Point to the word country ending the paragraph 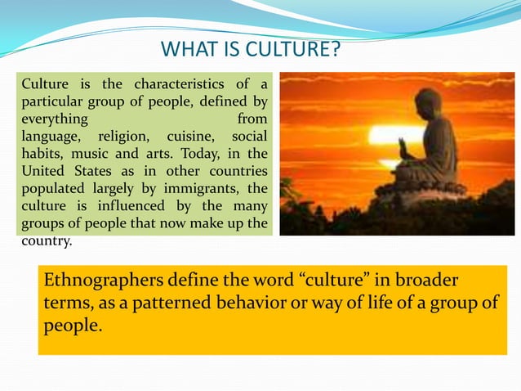(46, 241)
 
